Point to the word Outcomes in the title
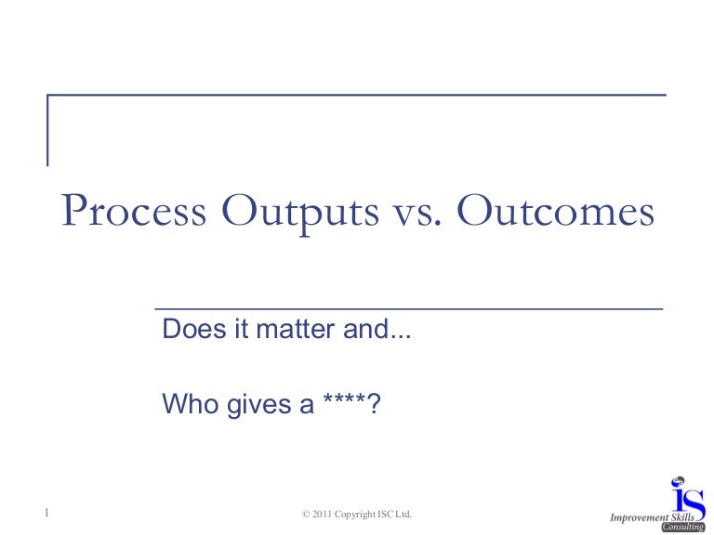[x=556, y=212]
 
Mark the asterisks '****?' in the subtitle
[x=349, y=404]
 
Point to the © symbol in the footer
[x=307, y=514]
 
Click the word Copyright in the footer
[x=358, y=514]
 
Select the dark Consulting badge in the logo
[x=682, y=527]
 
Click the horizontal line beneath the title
[x=408, y=308]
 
